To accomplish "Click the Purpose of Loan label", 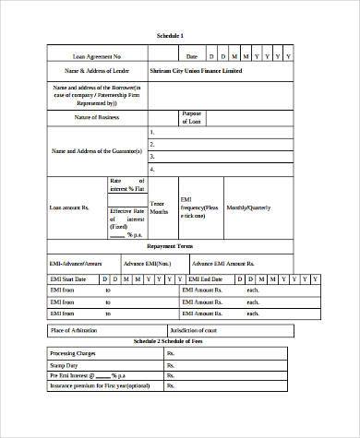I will (x=191, y=118).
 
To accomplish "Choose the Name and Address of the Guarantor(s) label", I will (x=97, y=149).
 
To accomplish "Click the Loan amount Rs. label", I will (x=70, y=208).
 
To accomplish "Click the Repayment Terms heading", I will (x=170, y=247).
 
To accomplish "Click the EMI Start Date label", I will (x=67, y=278).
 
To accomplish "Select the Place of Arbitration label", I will (x=74, y=329).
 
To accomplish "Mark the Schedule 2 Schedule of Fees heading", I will (x=170, y=341).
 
